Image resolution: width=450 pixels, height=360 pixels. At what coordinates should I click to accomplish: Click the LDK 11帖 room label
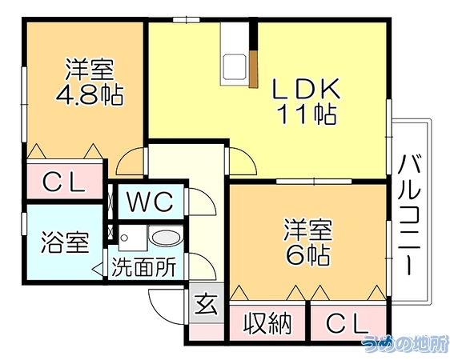point(306,101)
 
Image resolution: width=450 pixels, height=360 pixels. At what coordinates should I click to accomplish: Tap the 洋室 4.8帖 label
point(90,82)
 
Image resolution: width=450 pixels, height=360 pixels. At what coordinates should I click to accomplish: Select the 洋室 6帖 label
point(308,242)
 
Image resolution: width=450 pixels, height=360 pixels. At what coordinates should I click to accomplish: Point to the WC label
point(150,202)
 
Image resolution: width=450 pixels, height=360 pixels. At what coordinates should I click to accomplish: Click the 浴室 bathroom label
point(65,242)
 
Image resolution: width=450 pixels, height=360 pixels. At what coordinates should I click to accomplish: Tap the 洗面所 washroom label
point(143,267)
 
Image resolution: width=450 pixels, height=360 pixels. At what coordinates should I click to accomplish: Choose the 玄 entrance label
point(206,304)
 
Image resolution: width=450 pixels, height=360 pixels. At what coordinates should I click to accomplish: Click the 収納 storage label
point(267,324)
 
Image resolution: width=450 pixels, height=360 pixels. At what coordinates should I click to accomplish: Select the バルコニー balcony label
point(409,215)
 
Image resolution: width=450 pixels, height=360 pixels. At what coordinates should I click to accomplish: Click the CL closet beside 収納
point(348,323)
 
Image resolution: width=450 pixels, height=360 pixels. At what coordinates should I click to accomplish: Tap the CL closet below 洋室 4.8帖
point(64,182)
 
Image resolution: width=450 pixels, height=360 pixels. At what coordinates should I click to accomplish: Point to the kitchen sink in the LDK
point(235,66)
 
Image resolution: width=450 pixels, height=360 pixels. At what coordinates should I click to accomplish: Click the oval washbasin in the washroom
point(167,238)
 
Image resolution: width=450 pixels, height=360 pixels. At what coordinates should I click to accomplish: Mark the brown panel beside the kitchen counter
point(253,70)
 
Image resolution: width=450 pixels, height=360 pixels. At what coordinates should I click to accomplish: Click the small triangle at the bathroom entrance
point(96,269)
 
